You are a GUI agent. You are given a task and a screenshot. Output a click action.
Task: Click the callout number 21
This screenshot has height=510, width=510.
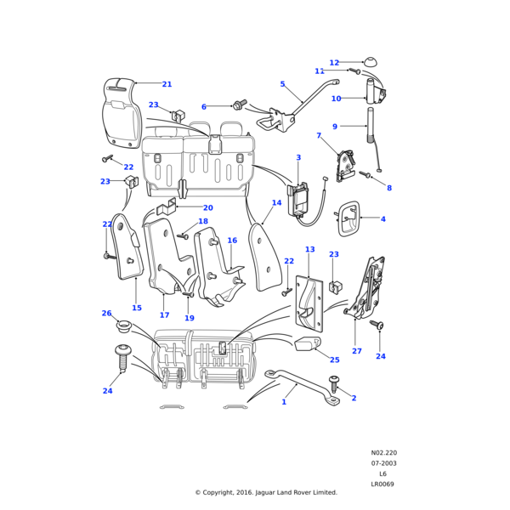[x=167, y=84]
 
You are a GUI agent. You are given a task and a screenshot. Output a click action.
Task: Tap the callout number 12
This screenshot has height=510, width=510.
[x=334, y=63]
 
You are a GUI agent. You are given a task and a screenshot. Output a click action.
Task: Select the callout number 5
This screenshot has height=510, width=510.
[x=282, y=84]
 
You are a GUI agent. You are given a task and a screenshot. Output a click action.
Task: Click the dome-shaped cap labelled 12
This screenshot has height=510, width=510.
[x=371, y=62]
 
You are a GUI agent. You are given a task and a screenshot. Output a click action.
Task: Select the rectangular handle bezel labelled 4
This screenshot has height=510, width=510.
[x=349, y=219]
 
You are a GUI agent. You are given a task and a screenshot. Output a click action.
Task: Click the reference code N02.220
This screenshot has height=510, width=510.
[x=383, y=453]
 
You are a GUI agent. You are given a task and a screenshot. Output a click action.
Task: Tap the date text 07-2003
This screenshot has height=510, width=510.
[x=383, y=463]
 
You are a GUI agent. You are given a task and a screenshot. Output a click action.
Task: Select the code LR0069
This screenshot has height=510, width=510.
[x=383, y=484]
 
